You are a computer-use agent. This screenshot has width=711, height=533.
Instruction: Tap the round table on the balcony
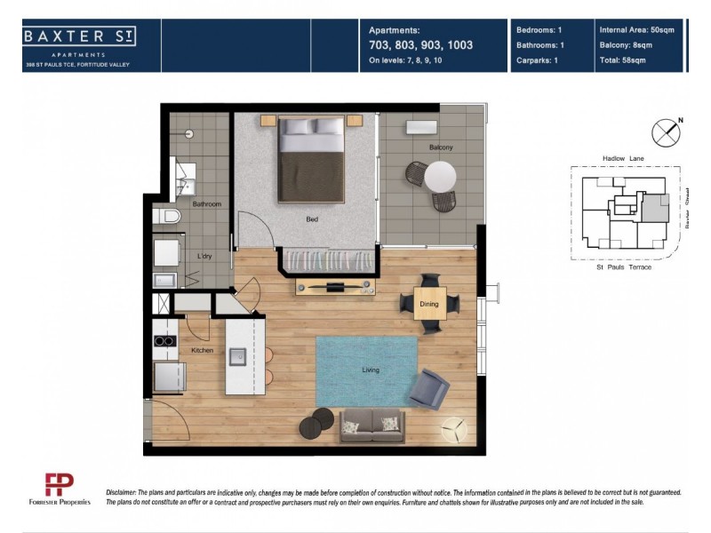pyautogui.click(x=439, y=178)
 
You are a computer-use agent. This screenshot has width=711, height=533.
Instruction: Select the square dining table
pyautogui.click(x=430, y=304)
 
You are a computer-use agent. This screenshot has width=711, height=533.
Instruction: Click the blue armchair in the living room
pyautogui.click(x=428, y=388)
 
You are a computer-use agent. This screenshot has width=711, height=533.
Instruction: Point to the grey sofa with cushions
pyautogui.click(x=372, y=426)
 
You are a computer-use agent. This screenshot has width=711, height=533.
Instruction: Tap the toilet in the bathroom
pyautogui.click(x=166, y=216)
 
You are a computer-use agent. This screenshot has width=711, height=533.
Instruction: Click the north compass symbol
pyautogui.click(x=667, y=133)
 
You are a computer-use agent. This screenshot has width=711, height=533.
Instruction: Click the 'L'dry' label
pyautogui.click(x=204, y=257)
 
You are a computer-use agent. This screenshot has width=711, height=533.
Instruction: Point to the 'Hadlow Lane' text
pyautogui.click(x=623, y=158)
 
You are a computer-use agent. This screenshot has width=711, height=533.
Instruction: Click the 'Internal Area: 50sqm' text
pyautogui.click(x=638, y=29)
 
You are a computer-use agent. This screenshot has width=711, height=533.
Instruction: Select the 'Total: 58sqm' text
pyautogui.click(x=627, y=61)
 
